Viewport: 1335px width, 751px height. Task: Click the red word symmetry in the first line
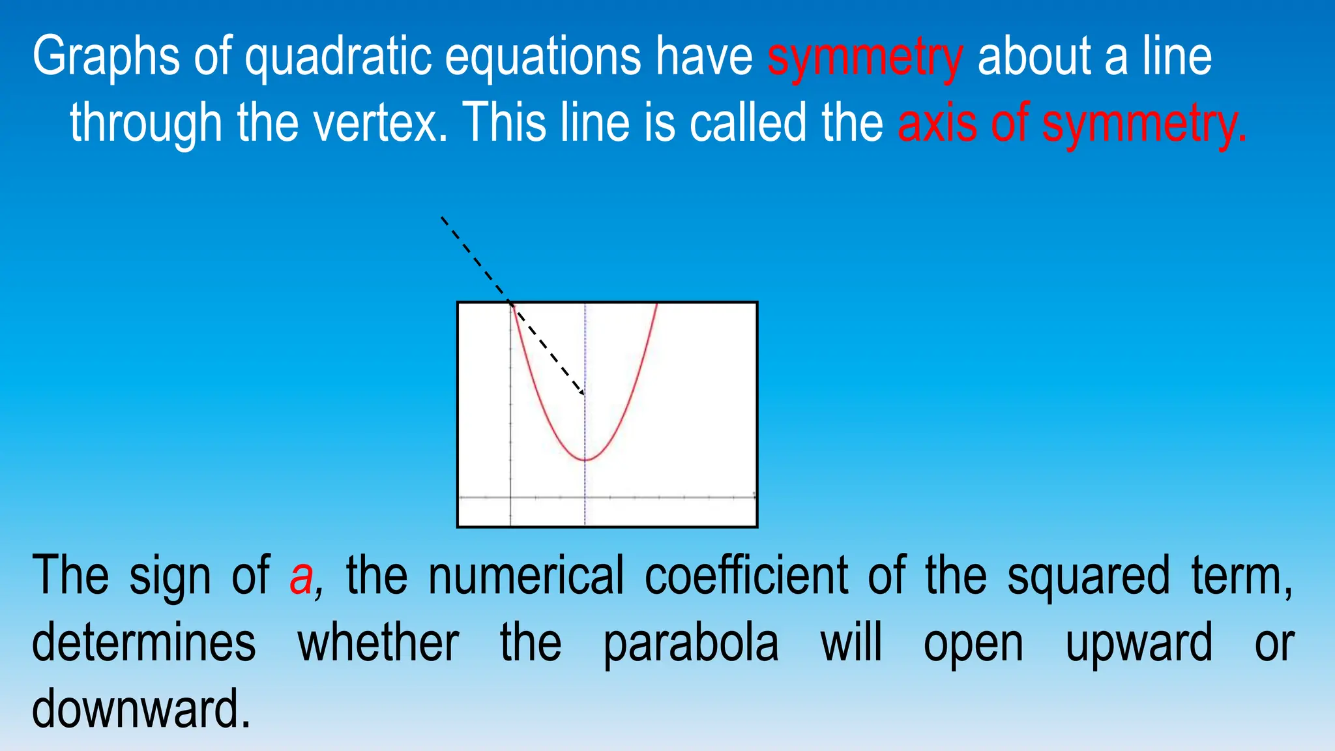tap(864, 57)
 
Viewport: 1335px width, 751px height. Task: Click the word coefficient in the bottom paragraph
tap(746, 575)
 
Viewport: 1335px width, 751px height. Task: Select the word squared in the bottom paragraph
tap(1088, 576)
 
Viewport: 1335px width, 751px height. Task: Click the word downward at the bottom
tap(141, 709)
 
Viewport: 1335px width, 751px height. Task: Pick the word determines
tap(144, 643)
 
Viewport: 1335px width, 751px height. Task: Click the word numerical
tap(525, 575)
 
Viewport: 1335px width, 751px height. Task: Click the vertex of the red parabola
tap(585, 460)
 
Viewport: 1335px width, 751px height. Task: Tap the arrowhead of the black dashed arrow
tap(583, 393)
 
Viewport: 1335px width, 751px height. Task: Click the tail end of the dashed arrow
tap(443, 218)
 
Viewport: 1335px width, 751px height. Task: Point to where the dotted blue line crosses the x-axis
tap(585, 497)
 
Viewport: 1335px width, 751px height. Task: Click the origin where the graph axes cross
tap(510, 497)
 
